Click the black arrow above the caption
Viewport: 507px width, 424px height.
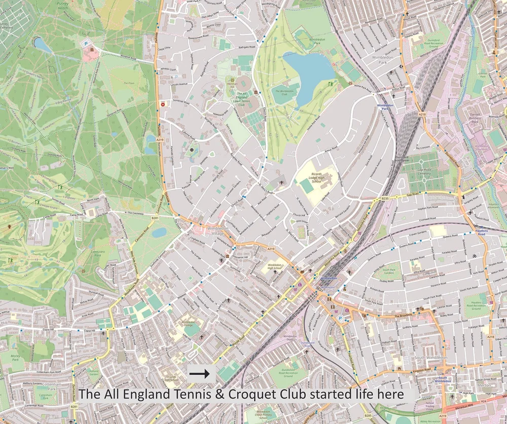coord(199,374)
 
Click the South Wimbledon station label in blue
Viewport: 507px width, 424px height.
coord(439,379)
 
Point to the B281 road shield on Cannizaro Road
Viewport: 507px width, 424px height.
coord(155,218)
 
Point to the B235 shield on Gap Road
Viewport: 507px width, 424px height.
coord(385,199)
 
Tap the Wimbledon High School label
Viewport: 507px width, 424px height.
coord(275,266)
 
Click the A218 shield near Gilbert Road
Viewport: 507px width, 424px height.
coord(490,337)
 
